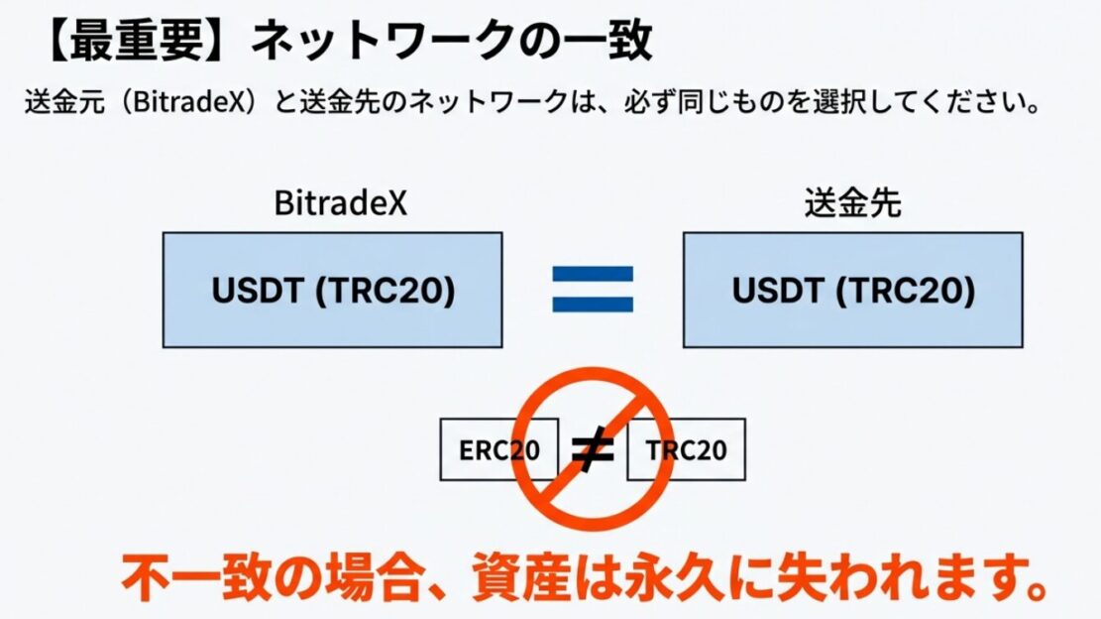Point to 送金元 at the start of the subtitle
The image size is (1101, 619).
(x=57, y=102)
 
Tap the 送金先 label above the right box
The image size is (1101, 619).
(x=852, y=204)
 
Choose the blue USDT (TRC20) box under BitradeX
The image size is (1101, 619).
(x=332, y=290)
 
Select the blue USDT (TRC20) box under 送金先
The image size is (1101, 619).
(x=852, y=290)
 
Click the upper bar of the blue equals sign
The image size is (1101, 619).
(x=593, y=274)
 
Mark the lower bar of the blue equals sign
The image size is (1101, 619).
(x=593, y=304)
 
